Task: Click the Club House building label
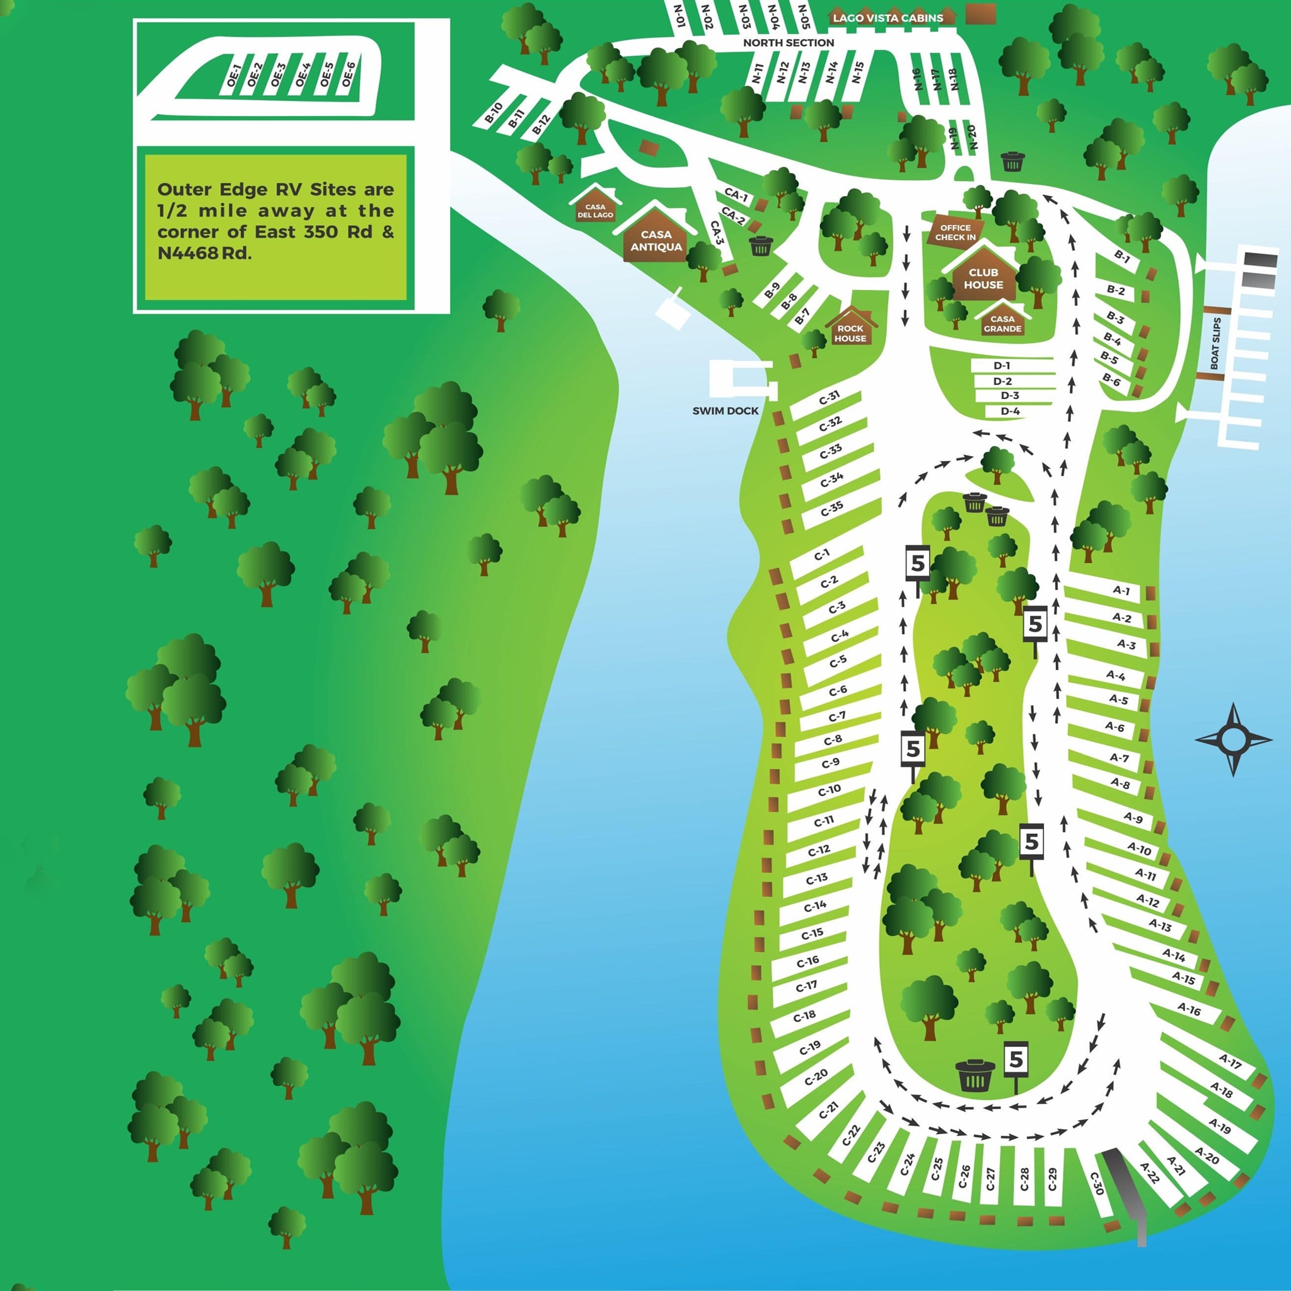[983, 279]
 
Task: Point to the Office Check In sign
[955, 233]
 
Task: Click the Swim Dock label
[725, 411]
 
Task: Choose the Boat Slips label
[1215, 344]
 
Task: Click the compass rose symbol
[1234, 739]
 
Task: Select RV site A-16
[1189, 1009]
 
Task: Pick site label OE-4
[303, 75]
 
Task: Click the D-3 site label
[1010, 396]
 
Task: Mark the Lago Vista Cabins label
[888, 18]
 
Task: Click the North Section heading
[789, 43]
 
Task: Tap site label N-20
[972, 137]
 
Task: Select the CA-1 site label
[736, 195]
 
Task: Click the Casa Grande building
[1002, 323]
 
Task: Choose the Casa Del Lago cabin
[594, 210]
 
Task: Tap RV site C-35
[832, 509]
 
